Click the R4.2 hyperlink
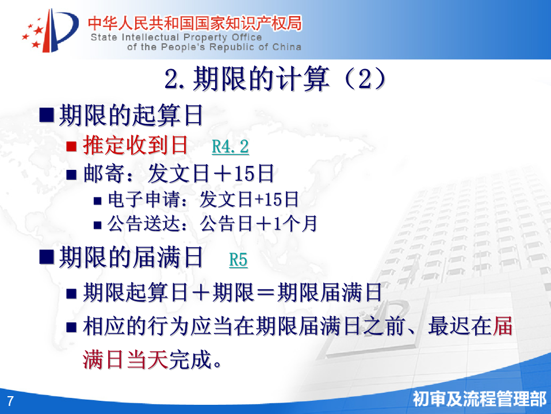pos(230,146)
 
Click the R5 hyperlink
pos(238,260)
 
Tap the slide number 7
pos(10,401)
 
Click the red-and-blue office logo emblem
pos(50,31)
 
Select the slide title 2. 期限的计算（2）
pos(275,78)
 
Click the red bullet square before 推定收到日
pos(71,146)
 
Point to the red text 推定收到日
pos(136,145)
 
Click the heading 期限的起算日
pos(131,115)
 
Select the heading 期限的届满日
pos(131,257)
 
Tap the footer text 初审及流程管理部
pos(480,399)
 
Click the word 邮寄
pos(104,174)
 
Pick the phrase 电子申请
pos(144,199)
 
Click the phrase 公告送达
pos(144,224)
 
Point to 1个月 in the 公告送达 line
pos(295,224)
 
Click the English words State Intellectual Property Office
pos(177,37)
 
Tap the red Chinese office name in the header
pos(194,23)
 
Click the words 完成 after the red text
pos(190,359)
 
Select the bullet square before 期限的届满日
pos(47,257)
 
